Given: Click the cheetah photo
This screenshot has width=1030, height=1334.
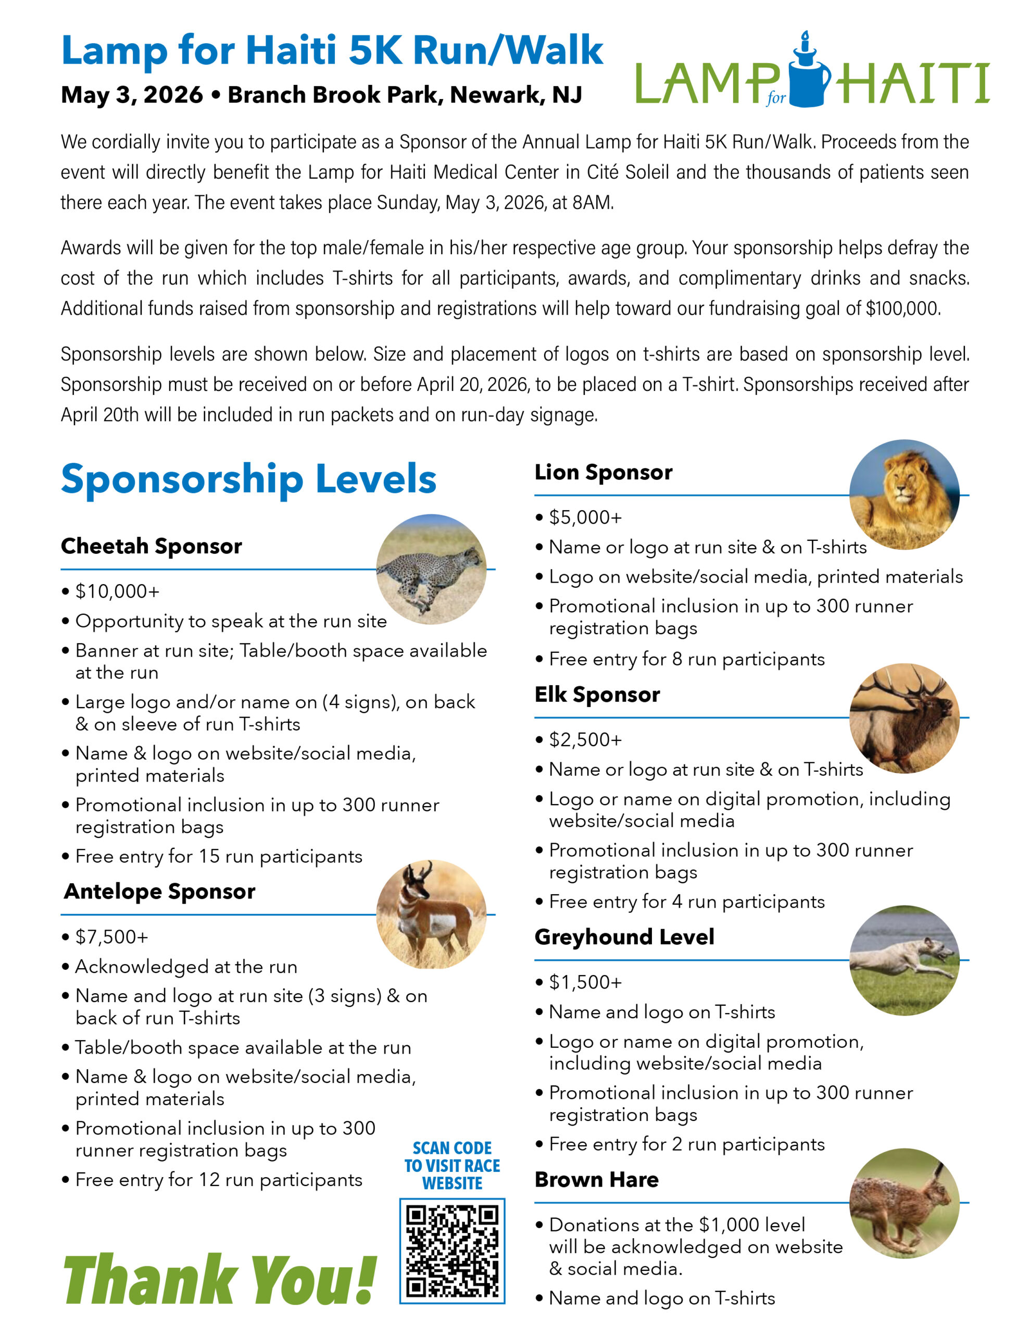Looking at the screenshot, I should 431,569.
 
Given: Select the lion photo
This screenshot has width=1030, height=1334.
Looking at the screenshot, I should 903,494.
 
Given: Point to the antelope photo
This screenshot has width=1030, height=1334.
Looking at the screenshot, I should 431,915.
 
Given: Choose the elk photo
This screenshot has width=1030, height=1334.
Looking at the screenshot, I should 903,718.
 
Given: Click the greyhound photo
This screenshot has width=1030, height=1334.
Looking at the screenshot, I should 903,960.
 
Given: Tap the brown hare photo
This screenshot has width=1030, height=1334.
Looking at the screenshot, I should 903,1203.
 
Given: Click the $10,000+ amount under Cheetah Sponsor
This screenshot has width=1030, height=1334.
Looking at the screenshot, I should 117,591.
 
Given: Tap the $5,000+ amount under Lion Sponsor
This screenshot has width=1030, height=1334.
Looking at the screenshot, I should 585,517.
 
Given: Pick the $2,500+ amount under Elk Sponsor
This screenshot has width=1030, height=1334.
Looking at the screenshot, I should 585,739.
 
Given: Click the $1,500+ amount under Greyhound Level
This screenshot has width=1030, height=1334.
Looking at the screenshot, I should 585,982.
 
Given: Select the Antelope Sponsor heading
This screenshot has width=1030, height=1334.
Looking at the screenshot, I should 159,892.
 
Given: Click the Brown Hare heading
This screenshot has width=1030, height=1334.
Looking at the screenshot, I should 597,1179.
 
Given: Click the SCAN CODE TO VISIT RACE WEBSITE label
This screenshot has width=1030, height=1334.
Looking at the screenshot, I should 452,1165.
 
